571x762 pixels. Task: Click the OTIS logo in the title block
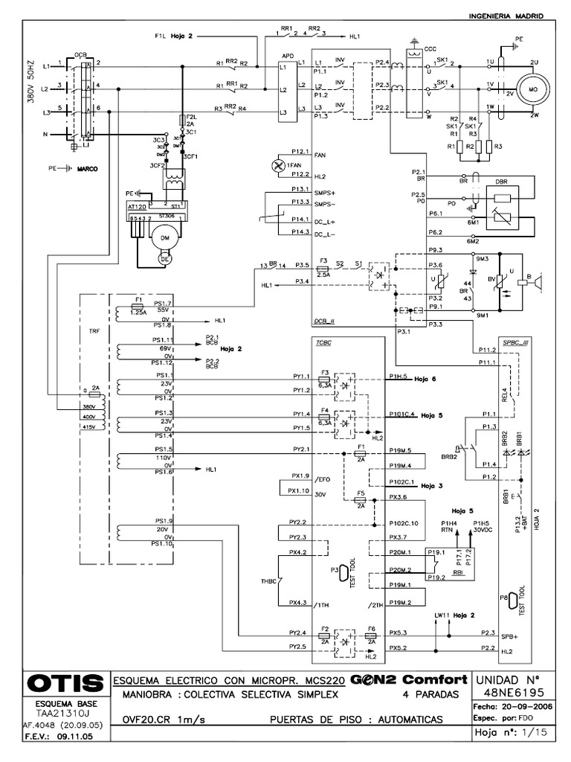[65, 683]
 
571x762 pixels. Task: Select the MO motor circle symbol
[532, 89]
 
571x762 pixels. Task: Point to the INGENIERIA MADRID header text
[508, 16]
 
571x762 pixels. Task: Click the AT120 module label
[136, 203]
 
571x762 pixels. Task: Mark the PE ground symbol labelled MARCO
[65, 168]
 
